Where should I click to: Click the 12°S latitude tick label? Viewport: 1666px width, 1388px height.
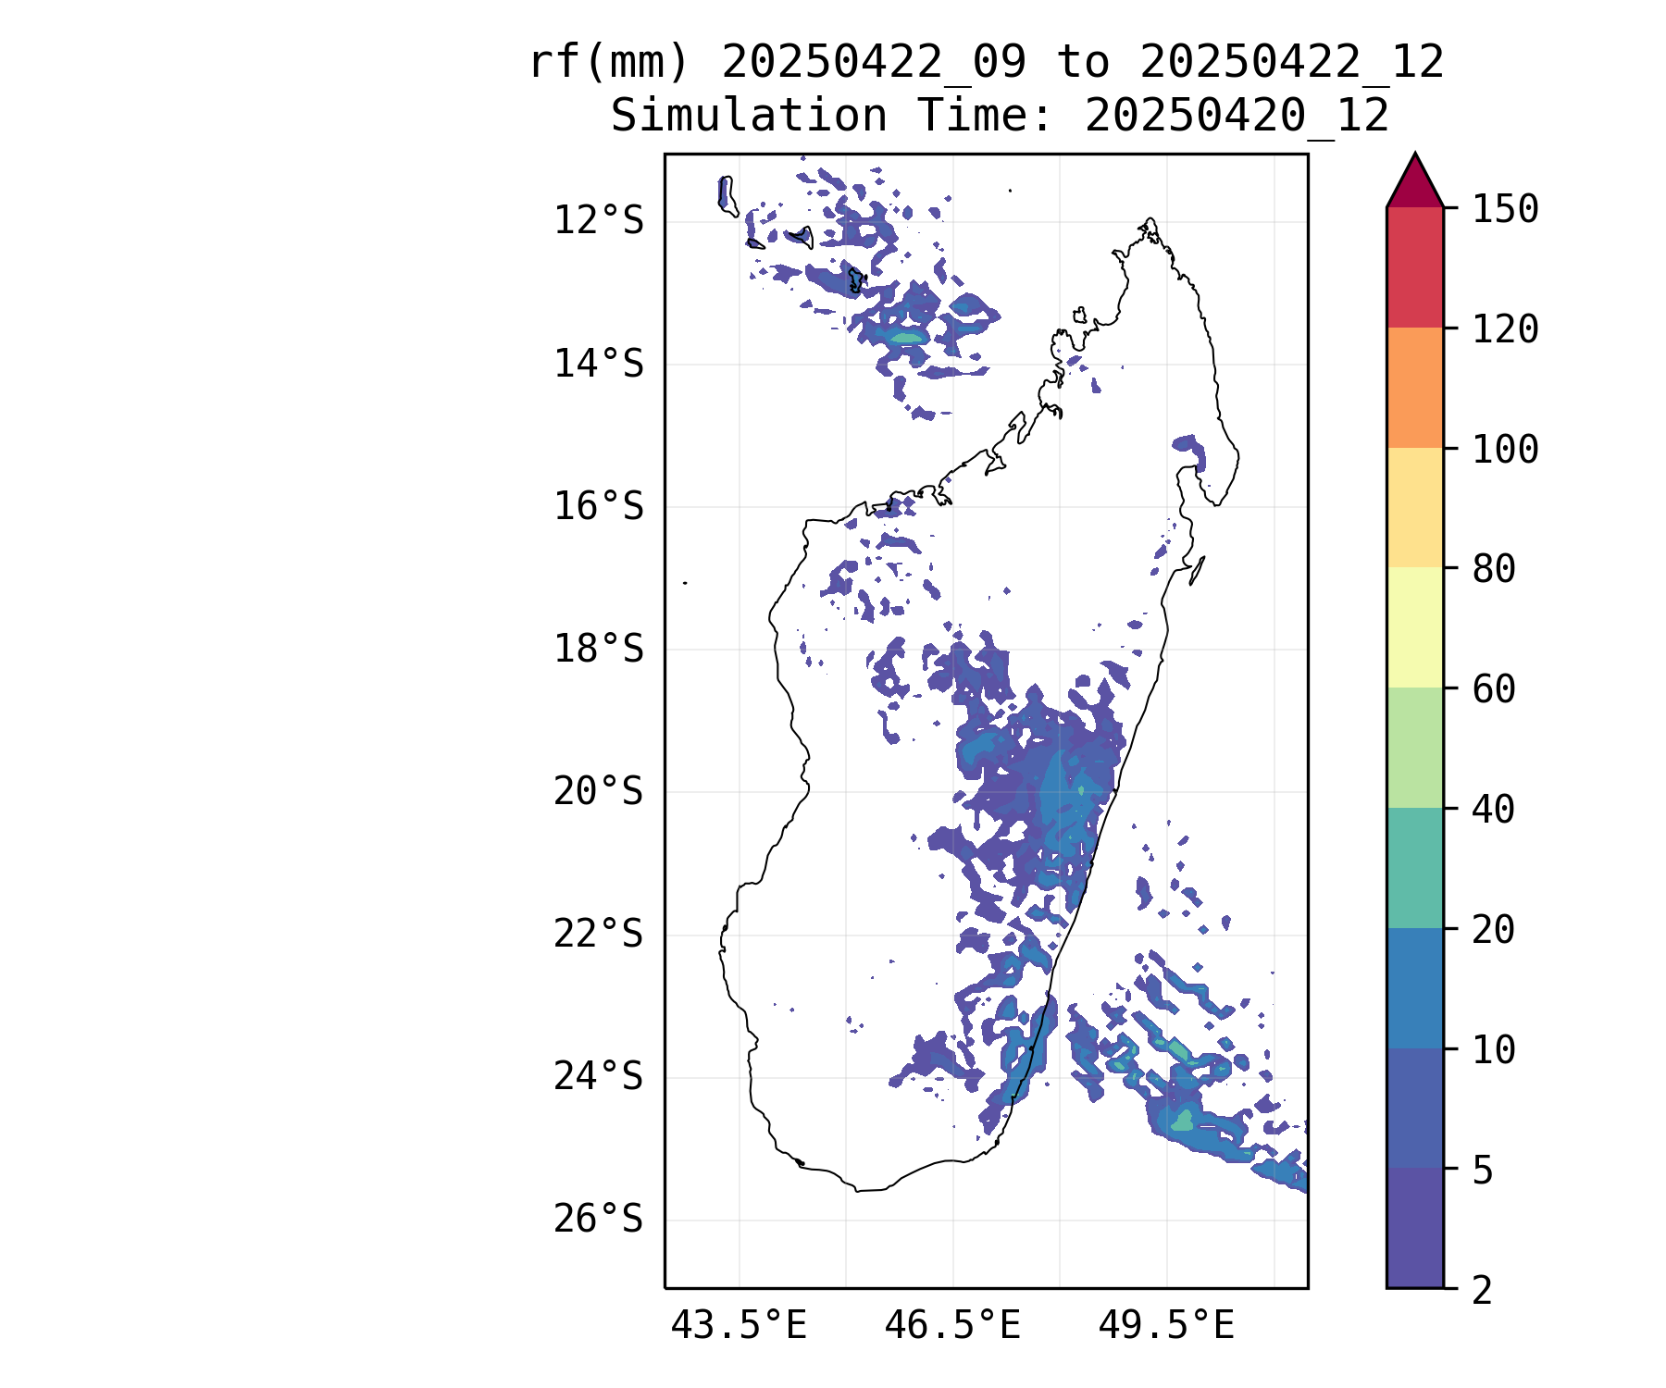pos(598,221)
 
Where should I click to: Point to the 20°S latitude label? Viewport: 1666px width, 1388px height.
pos(598,792)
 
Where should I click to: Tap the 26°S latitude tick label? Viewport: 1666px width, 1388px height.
pos(598,1220)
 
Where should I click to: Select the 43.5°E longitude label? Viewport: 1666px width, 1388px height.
pos(739,1326)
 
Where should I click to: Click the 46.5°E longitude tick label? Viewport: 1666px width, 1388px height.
pos(952,1326)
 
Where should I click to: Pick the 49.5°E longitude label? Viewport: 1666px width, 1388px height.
pos(1166,1326)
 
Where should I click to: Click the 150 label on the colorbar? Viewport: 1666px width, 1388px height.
pos(1506,209)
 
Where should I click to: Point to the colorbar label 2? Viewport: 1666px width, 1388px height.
pos(1483,1290)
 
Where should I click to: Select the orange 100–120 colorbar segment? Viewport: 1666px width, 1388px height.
pos(1415,388)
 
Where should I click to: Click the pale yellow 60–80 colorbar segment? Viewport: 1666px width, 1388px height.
pos(1415,627)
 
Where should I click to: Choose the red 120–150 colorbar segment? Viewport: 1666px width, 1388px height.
pos(1415,267)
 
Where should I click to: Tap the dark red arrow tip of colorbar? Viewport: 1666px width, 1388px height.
pos(1415,155)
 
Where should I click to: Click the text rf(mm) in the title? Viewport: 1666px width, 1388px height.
pos(609,63)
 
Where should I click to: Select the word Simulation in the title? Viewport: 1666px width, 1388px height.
pos(749,116)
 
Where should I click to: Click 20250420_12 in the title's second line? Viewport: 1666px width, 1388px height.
pos(1237,117)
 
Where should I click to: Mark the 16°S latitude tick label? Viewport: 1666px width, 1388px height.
pos(598,506)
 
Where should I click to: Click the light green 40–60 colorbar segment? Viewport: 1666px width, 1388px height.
pos(1415,748)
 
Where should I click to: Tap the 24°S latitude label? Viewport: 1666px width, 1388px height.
pos(598,1077)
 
